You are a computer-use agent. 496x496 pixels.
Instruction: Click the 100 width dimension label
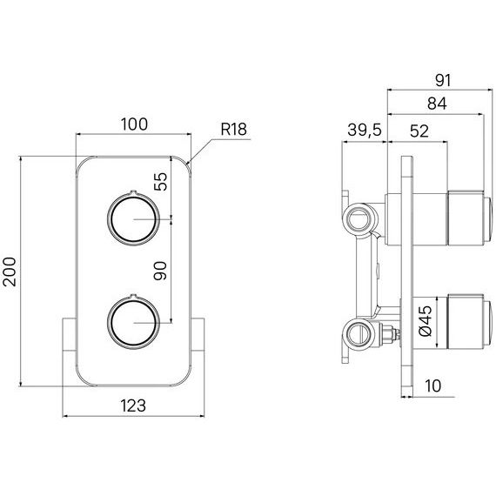click(x=134, y=124)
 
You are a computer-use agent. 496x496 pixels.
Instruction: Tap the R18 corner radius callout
click(x=233, y=129)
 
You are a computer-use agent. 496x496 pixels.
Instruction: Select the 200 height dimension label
click(x=10, y=271)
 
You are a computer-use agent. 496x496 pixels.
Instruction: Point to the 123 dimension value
click(x=133, y=406)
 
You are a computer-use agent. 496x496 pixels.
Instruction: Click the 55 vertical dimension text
click(x=160, y=181)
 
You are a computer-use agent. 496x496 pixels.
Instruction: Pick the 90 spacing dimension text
click(x=160, y=271)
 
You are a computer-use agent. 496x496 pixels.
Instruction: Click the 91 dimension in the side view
click(x=443, y=80)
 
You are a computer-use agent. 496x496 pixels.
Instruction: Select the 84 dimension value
click(x=437, y=104)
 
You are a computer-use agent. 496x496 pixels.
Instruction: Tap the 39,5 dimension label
click(x=365, y=130)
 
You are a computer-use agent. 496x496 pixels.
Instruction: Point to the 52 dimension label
click(x=419, y=131)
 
